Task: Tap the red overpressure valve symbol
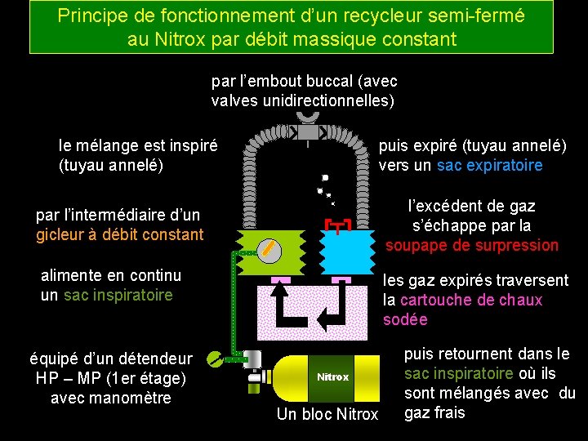click(x=336, y=225)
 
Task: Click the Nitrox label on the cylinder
click(x=332, y=377)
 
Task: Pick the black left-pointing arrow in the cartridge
click(x=331, y=314)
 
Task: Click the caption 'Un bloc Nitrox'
click(x=327, y=414)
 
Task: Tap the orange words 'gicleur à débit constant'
click(x=119, y=234)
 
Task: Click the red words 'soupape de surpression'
click(x=471, y=245)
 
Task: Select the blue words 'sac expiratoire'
click(x=489, y=166)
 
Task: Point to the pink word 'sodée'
click(x=405, y=319)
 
